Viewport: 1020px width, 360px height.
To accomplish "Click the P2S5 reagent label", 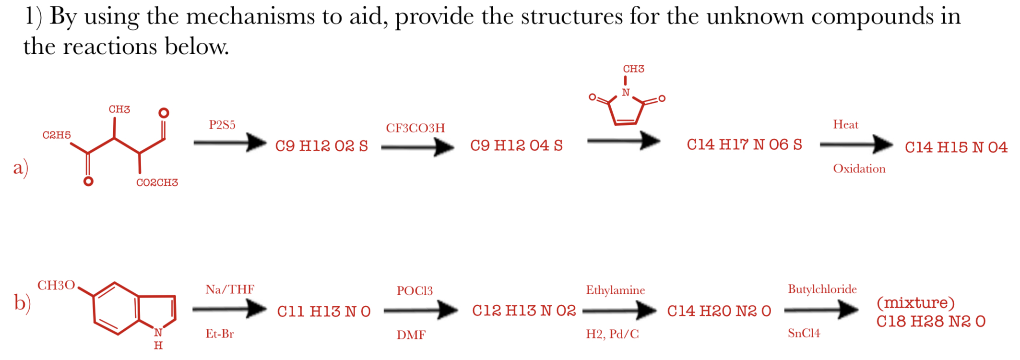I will point(222,125).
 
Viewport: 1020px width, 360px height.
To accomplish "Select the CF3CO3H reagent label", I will point(415,128).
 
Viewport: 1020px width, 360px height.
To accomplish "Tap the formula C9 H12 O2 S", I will point(321,146).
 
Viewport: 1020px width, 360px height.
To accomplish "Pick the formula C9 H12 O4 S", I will point(516,145).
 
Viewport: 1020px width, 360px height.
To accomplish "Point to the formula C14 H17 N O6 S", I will point(744,144).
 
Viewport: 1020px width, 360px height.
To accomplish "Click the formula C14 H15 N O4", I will point(956,147).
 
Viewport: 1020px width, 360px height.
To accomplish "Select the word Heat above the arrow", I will point(845,125).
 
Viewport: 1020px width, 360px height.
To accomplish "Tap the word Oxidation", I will point(859,169).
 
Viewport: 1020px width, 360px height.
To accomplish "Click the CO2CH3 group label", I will point(157,182).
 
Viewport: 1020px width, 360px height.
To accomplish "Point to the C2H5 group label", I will point(57,135).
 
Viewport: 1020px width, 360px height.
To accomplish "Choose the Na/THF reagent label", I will point(230,289).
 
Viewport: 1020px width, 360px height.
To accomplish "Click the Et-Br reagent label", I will point(220,334).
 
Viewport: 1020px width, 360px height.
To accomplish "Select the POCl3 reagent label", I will point(415,291).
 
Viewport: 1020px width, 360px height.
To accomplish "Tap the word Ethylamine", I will point(615,290).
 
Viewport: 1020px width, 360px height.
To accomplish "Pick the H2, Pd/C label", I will point(612,334).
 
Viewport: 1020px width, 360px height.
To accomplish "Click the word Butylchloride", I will point(822,289).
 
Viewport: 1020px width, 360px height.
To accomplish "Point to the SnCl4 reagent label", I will point(804,333).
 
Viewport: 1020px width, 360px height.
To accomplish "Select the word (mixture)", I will point(915,303).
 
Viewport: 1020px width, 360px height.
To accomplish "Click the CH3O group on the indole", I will point(56,286).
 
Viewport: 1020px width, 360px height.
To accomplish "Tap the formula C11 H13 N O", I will point(324,312).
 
